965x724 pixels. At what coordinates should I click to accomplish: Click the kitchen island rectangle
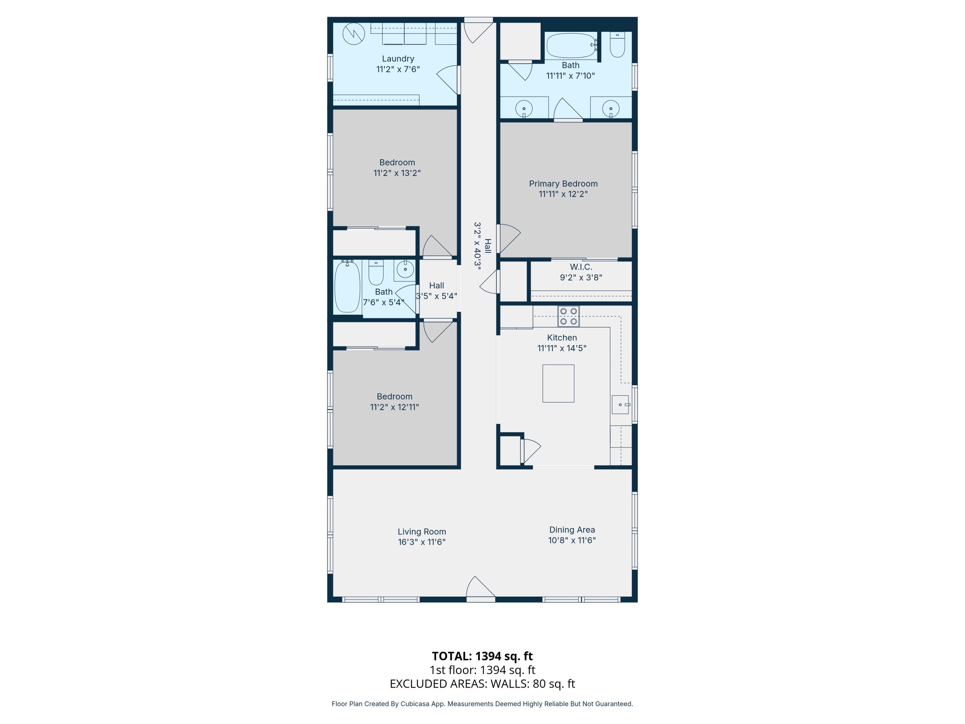[x=558, y=383]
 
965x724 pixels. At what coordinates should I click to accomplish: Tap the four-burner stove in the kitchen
[x=568, y=316]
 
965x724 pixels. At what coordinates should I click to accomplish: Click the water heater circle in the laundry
[x=354, y=33]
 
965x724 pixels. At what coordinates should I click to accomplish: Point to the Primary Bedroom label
[x=563, y=184]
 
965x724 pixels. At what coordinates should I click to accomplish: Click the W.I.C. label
[x=581, y=267]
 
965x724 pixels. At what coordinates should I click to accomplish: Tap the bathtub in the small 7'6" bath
[x=347, y=286]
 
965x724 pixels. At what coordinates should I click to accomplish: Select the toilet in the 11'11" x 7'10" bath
[x=617, y=45]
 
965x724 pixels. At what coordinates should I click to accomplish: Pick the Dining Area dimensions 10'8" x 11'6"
[x=572, y=540]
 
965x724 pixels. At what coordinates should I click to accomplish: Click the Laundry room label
[x=398, y=59]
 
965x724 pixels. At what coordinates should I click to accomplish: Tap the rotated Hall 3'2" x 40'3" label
[x=482, y=246]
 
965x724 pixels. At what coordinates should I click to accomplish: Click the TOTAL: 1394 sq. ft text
[x=482, y=656]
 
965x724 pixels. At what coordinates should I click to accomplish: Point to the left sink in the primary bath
[x=523, y=108]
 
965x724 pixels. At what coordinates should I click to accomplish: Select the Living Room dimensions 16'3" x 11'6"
[x=421, y=542]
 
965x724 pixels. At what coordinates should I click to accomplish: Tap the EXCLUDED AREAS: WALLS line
[x=482, y=684]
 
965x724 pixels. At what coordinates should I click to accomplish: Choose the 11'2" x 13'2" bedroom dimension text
[x=397, y=173]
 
